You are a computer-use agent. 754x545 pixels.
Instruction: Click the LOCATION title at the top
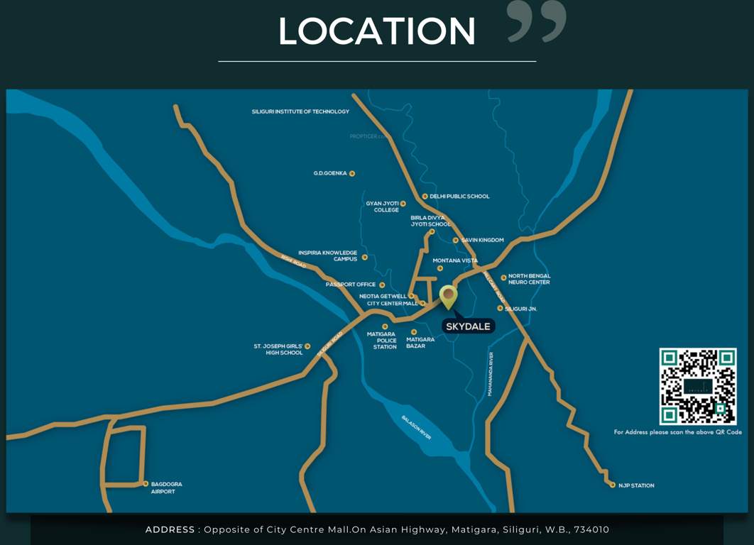pyautogui.click(x=376, y=31)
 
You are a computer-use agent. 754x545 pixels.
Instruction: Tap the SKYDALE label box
pyautogui.click(x=468, y=326)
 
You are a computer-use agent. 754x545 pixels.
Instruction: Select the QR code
pyautogui.click(x=698, y=387)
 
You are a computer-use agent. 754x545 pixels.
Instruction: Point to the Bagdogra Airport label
pyautogui.click(x=166, y=488)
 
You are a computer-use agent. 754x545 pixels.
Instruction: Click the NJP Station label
pyautogui.click(x=635, y=485)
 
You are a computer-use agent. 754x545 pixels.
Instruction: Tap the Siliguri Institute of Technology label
pyautogui.click(x=300, y=111)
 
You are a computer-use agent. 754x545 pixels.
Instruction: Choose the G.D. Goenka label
pyautogui.click(x=330, y=173)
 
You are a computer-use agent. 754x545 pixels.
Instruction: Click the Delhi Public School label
pyautogui.click(x=459, y=197)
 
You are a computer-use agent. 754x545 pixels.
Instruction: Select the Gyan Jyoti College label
pyautogui.click(x=383, y=207)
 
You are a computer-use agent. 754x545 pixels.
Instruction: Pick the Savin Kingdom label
pyautogui.click(x=482, y=240)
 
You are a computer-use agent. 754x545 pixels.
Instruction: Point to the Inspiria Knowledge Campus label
pyautogui.click(x=327, y=255)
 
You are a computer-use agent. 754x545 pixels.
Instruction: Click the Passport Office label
pyautogui.click(x=351, y=285)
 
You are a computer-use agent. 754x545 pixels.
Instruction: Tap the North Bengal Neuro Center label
pyautogui.click(x=529, y=279)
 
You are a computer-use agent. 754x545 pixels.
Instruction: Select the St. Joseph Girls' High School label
pyautogui.click(x=278, y=349)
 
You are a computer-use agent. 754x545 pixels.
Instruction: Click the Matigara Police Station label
pyautogui.click(x=385, y=340)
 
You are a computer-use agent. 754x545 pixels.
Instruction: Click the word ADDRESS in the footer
pyautogui.click(x=170, y=529)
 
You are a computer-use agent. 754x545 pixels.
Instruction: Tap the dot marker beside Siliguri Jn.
pyautogui.click(x=500, y=308)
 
